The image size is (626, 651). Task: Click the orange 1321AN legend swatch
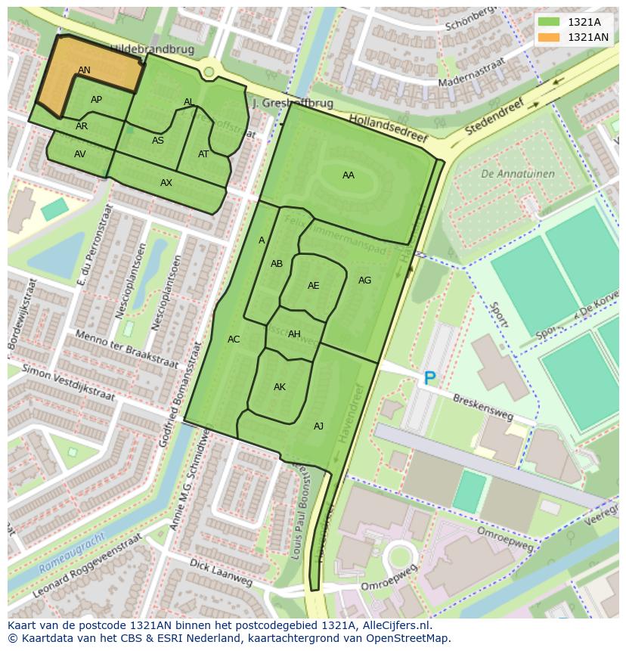[550, 37]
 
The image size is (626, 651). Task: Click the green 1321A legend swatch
[550, 23]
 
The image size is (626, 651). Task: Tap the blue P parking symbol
[429, 378]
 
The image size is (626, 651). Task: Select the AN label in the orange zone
[84, 70]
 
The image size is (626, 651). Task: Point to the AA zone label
[348, 175]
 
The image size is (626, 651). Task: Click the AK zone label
[280, 387]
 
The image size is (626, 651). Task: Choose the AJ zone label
[318, 426]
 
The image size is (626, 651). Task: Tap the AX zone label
[166, 183]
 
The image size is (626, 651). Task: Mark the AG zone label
[364, 281]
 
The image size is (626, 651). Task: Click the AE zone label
[313, 286]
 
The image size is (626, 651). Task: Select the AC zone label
[234, 339]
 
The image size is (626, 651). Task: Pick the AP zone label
[96, 100]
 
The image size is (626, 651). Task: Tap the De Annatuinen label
[517, 174]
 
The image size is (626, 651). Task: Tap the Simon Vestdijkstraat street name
[68, 383]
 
